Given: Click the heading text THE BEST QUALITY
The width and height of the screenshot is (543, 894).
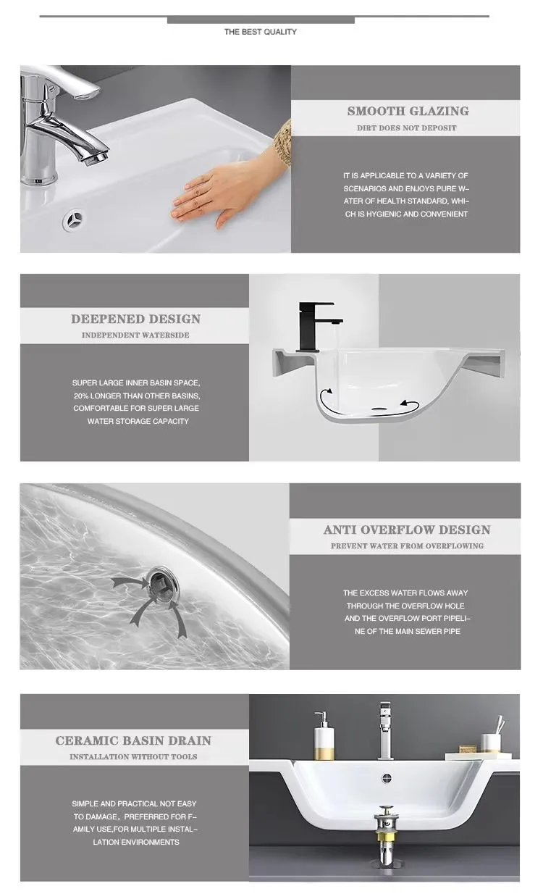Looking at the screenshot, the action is point(260,32).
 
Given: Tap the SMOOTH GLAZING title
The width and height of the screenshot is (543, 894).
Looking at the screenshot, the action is point(408,111).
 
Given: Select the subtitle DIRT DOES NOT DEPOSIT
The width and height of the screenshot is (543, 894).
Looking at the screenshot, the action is point(407,128).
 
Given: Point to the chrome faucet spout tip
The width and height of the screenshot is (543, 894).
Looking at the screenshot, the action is point(95,159).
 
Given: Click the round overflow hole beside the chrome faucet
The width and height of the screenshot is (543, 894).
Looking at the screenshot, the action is point(73,220).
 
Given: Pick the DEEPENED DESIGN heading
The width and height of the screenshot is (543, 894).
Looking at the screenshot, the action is point(135,319).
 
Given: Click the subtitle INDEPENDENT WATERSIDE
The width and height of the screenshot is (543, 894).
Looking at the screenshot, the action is point(135,335).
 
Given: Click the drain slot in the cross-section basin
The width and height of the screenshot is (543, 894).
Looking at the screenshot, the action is point(378,409).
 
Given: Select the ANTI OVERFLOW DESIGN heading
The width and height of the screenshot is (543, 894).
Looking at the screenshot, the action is point(407,530).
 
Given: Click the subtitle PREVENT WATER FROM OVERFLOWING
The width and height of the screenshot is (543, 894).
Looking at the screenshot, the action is point(407,546).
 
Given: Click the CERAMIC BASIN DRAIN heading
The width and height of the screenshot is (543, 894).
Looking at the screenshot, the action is point(133,740).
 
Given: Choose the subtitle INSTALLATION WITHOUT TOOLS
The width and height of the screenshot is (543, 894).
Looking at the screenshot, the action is point(133,756).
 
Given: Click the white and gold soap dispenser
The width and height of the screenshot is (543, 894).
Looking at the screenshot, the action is point(324,735).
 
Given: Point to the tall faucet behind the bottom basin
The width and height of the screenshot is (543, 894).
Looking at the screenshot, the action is point(386,731).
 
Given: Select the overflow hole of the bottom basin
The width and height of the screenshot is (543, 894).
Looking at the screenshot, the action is point(387,778).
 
